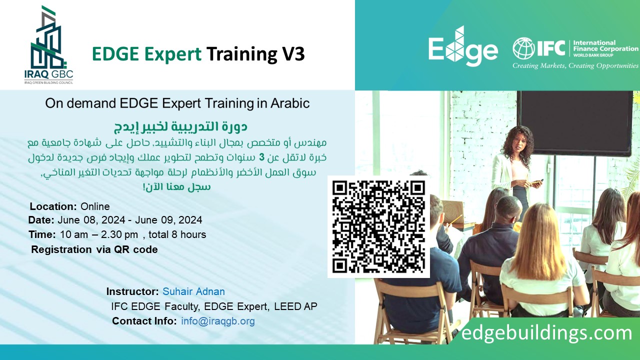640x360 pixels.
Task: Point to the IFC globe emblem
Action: tap(523, 48)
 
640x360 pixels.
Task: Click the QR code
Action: tap(378, 226)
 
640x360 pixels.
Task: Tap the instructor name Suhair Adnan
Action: tap(193, 291)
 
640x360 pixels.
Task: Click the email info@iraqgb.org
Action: tap(218, 321)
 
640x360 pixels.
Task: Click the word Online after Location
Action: tap(95, 206)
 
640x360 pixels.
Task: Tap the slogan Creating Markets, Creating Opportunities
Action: tap(575, 65)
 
